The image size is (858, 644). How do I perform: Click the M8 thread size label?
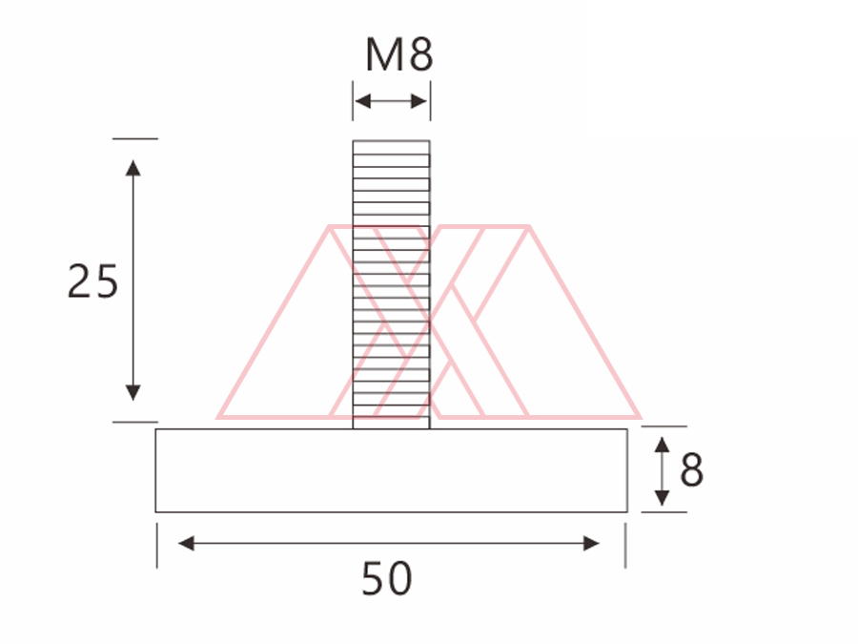pyautogui.click(x=398, y=54)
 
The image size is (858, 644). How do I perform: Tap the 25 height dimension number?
pyautogui.click(x=92, y=281)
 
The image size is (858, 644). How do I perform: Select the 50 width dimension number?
pyautogui.click(x=386, y=579)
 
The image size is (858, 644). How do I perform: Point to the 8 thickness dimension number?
pyautogui.click(x=692, y=469)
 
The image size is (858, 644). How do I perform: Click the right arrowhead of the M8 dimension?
pyautogui.click(x=419, y=101)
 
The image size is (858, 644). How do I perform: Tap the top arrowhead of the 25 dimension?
pyautogui.click(x=133, y=168)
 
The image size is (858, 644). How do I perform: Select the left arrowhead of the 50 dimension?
pyautogui.click(x=186, y=543)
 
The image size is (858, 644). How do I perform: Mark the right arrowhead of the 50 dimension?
pyautogui.click(x=591, y=543)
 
